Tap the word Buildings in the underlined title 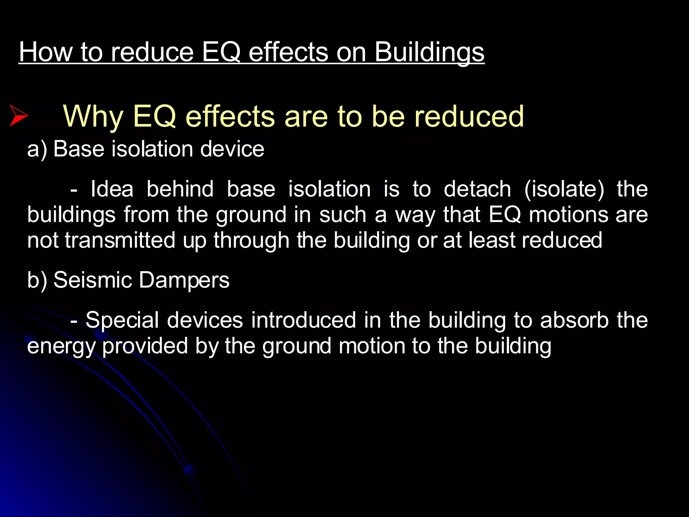tap(429, 52)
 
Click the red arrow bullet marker tap(19, 115)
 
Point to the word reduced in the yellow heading tap(469, 116)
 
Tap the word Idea tap(112, 189)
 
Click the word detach tap(477, 189)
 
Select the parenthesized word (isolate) tap(564, 189)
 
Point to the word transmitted tap(120, 240)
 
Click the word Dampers tap(184, 280)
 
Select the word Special tap(122, 320)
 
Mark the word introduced tap(303, 320)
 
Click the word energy tap(62, 346)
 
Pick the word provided tap(145, 346)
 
